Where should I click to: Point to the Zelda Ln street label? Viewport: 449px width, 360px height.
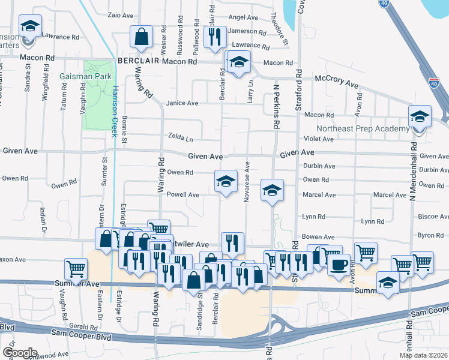[181, 139]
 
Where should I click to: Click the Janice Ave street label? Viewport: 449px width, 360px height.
[182, 103]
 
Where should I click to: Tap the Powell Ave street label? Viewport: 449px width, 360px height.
[183, 194]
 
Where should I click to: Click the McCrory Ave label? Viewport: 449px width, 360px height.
[336, 83]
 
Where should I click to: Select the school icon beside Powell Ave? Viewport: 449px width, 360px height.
[225, 181]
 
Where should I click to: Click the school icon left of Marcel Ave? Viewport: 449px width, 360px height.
[271, 190]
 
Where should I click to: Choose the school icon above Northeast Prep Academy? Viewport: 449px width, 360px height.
[420, 116]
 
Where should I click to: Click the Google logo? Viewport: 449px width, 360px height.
[20, 352]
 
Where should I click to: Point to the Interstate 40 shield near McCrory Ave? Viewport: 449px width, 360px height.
[434, 83]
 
